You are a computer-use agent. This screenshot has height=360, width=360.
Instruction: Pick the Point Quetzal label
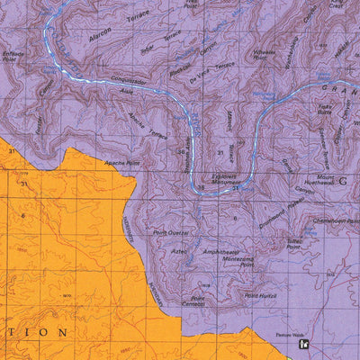tap(170, 232)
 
